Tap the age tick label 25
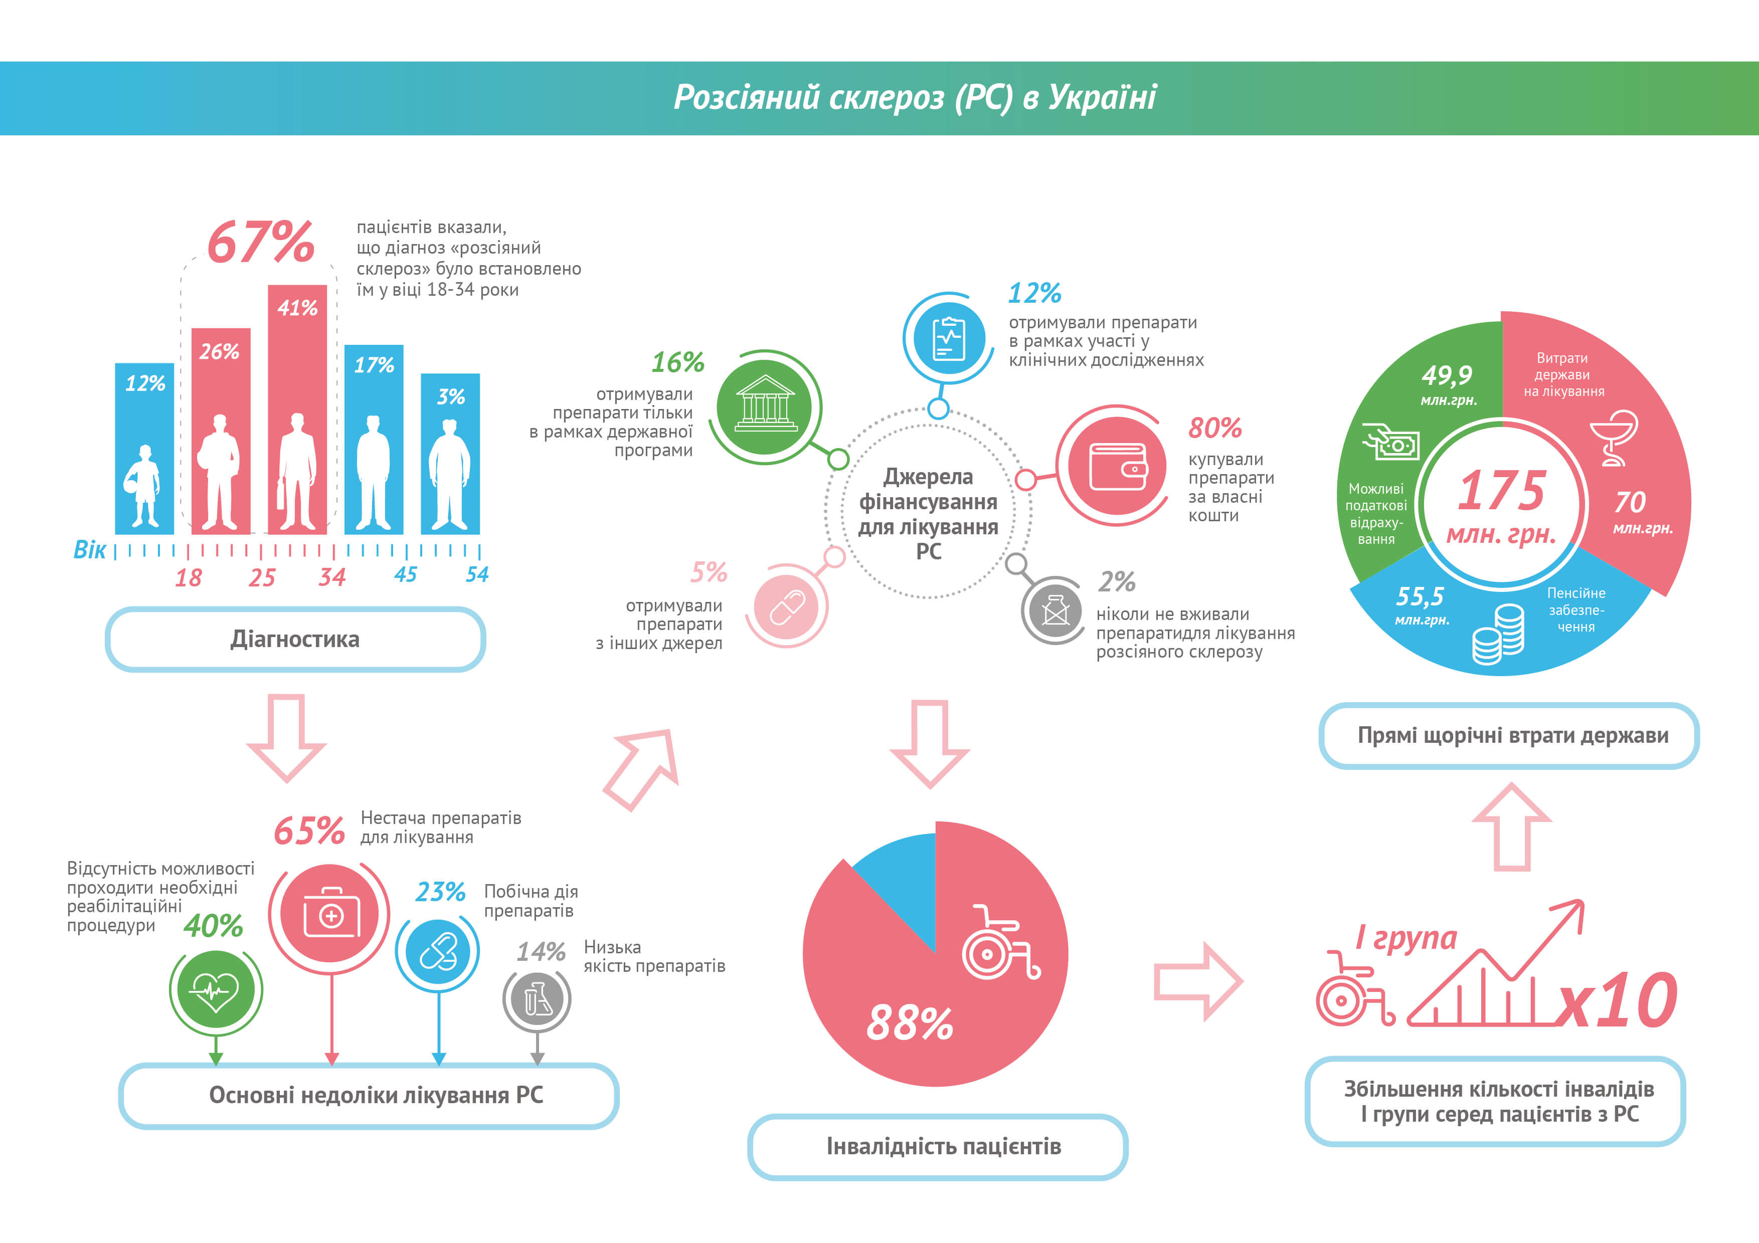pyautogui.click(x=261, y=577)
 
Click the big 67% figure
pyautogui.click(x=260, y=242)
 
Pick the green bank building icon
pyautogui.click(x=765, y=406)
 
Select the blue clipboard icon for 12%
pyautogui.click(x=949, y=338)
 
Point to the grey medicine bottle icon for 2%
pyautogui.click(x=1055, y=611)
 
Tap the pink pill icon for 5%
pyautogui.click(x=787, y=606)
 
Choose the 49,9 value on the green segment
pyautogui.click(x=1447, y=375)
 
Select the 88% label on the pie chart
pyautogui.click(x=910, y=1023)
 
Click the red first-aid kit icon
pyautogui.click(x=330, y=914)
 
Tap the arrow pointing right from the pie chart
pyautogui.click(x=1197, y=981)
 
